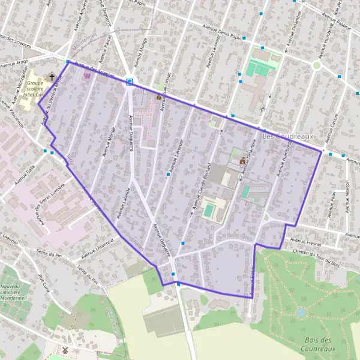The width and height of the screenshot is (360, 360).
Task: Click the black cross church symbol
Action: tap(52, 77)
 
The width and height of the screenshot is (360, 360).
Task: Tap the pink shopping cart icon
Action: tap(87, 76)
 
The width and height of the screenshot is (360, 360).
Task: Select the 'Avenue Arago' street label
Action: tap(16, 63)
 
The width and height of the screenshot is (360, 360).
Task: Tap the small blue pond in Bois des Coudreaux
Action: tap(301, 313)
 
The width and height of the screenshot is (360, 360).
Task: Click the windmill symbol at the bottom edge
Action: tap(65, 350)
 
